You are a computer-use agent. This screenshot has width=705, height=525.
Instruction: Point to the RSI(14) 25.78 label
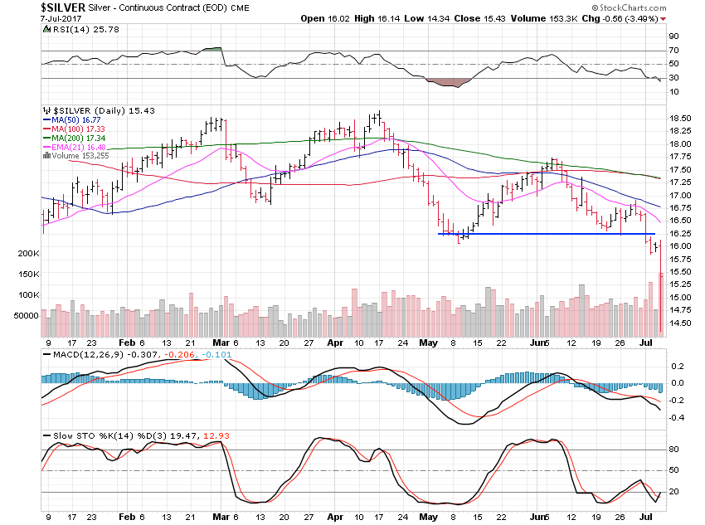pos(81,30)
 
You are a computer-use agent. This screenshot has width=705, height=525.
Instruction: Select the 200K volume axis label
pos(28,253)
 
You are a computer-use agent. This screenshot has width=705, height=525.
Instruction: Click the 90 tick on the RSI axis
pos(674,36)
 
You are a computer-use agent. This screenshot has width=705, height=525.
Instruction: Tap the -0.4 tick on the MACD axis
pos(676,417)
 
